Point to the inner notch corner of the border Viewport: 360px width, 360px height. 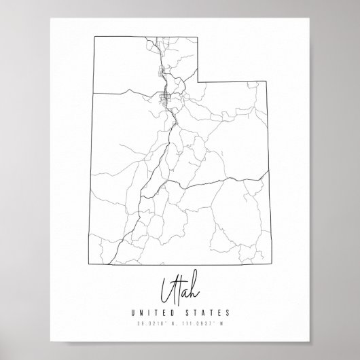pos(198,82)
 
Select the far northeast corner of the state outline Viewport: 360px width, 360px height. pos(267,82)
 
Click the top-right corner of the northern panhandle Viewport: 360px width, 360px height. pos(198,35)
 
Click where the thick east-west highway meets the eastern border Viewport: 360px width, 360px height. pos(266,179)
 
